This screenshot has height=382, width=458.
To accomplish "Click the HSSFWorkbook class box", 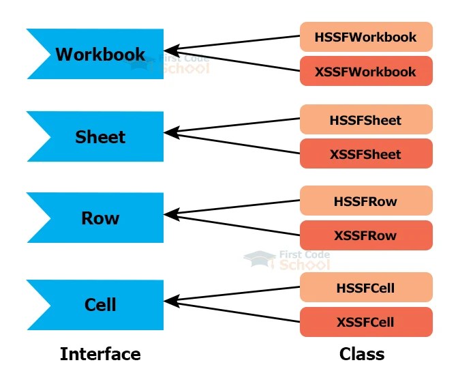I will pos(366,37).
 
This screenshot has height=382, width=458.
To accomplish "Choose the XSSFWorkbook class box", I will pos(366,71).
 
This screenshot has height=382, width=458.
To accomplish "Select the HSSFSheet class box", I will pos(366,120).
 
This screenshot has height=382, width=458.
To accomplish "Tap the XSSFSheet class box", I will pos(366,153).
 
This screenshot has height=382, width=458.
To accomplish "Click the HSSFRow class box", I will pos(366,201).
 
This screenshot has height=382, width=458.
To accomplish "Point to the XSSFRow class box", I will pos(366,235).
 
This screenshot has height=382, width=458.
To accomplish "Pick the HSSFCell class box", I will pos(366,288).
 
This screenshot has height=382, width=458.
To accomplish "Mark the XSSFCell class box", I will pos(366,321).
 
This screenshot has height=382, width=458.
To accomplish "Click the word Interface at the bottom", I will pos(100,354).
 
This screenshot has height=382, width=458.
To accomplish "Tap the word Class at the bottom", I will pos(362,354).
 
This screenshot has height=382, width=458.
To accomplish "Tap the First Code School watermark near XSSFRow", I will pos(287,259).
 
